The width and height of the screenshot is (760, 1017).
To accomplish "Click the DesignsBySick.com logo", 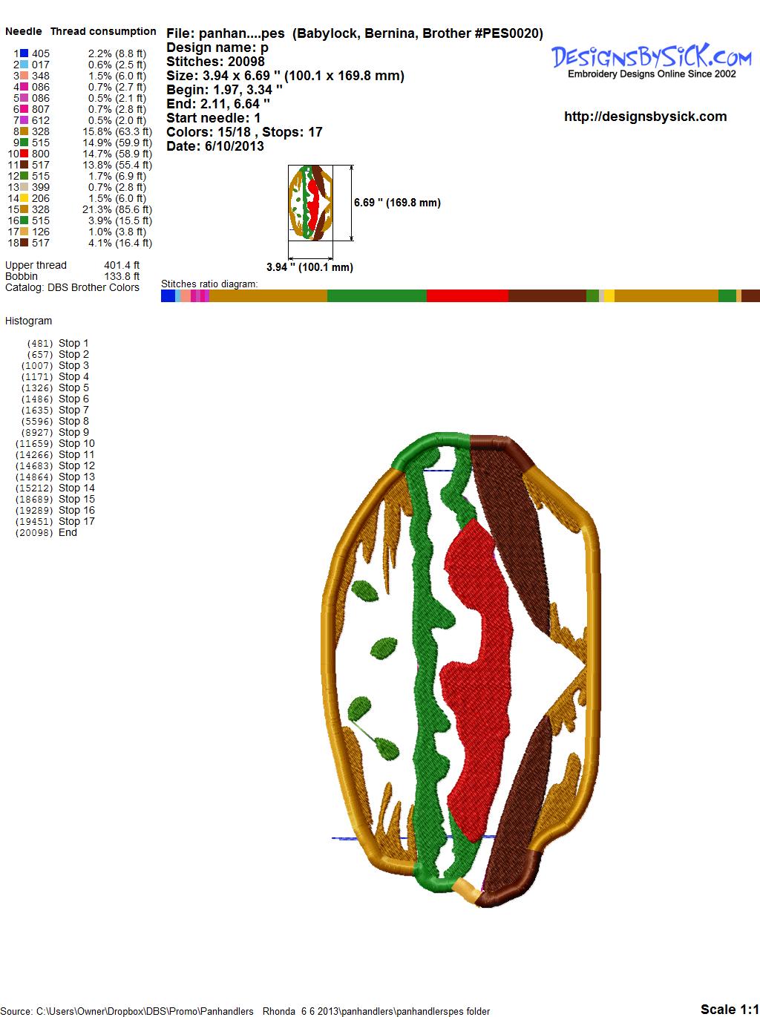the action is point(651,61).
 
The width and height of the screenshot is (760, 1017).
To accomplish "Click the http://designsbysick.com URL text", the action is point(645,117).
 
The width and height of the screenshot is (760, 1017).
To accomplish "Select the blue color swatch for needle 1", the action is point(24,53).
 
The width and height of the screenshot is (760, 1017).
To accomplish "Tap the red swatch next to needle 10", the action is point(24,154).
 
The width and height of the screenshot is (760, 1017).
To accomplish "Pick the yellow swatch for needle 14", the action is point(24,198).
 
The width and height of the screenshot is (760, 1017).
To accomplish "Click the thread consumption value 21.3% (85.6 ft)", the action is point(117,209).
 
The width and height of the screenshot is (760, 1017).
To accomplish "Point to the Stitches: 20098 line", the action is point(215,62).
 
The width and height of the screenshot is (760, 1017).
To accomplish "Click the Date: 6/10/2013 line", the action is point(215,146).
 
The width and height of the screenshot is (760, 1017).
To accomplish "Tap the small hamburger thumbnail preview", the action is point(310,203).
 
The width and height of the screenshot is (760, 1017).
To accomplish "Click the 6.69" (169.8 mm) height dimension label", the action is point(397,203).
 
